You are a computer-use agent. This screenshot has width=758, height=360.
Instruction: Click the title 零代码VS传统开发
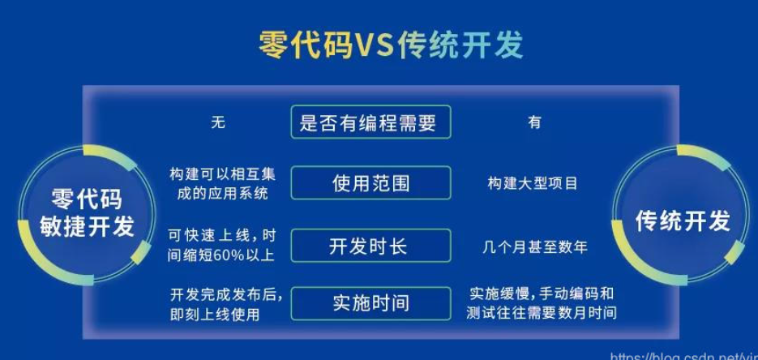click(391, 45)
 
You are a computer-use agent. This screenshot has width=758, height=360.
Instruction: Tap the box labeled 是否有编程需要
click(370, 122)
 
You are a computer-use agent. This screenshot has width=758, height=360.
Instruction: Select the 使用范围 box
click(370, 182)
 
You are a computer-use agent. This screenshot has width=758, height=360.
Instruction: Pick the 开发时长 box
click(370, 246)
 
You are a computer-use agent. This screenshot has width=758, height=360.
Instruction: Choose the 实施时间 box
click(370, 303)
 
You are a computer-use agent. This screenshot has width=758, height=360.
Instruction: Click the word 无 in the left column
click(218, 122)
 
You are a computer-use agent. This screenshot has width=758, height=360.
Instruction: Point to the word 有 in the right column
click(535, 122)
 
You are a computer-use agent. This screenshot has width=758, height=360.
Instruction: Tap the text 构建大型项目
click(533, 183)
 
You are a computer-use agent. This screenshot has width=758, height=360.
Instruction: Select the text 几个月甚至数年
click(535, 247)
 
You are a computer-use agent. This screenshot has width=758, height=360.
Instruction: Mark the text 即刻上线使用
click(215, 315)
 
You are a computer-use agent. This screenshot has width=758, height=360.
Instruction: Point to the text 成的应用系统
click(222, 194)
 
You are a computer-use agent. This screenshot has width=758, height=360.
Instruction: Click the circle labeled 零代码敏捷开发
click(87, 214)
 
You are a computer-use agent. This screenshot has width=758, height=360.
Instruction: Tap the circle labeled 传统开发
click(682, 216)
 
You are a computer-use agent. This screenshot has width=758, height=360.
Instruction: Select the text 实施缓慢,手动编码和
click(542, 294)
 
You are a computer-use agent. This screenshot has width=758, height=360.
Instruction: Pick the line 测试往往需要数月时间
click(542, 313)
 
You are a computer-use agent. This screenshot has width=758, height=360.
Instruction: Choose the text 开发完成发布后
click(226, 294)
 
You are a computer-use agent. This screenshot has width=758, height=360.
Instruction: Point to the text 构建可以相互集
click(222, 174)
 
